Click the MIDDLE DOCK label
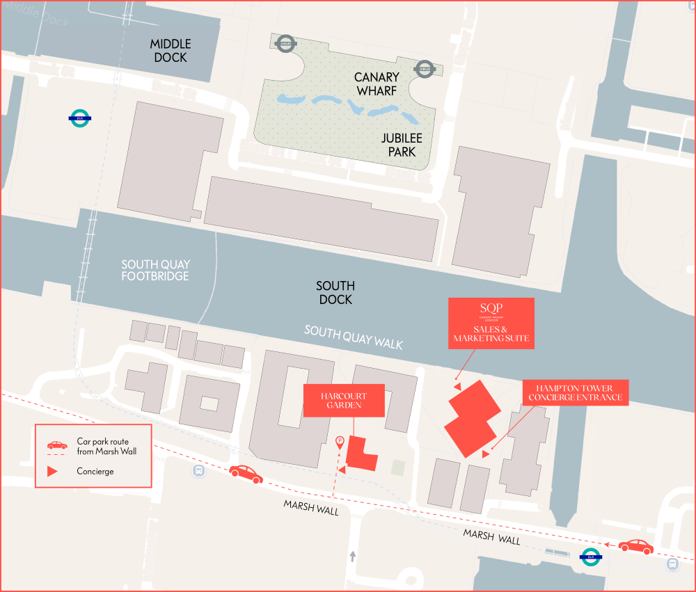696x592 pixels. point(170,51)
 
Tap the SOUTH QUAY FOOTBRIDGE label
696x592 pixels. point(155,271)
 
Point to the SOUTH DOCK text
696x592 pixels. point(335,293)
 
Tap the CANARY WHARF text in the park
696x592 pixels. point(376,84)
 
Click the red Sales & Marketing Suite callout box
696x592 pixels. point(491,323)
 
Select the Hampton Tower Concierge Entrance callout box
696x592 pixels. point(574,393)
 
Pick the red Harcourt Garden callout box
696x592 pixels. point(344,400)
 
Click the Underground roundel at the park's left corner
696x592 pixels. point(285,43)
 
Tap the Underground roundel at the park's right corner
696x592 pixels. point(424,68)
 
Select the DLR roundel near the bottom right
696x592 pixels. point(591,557)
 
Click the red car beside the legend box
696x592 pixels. point(246,474)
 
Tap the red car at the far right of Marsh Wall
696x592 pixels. point(635,547)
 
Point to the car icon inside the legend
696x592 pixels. point(57,445)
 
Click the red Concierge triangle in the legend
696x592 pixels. point(52,471)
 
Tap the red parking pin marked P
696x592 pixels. point(340,440)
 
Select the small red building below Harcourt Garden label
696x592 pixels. point(360,454)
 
